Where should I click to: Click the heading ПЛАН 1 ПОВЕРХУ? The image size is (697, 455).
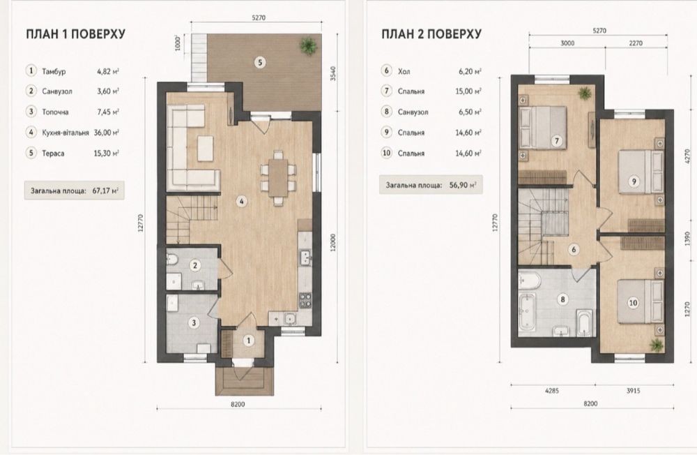pyautogui.click(x=75, y=34)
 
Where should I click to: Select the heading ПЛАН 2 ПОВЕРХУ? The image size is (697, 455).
pyautogui.click(x=431, y=34)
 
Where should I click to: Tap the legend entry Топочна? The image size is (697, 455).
pyautogui.click(x=56, y=112)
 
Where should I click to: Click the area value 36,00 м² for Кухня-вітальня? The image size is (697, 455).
pyautogui.click(x=106, y=132)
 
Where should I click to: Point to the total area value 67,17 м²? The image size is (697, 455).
pyautogui.click(x=105, y=191)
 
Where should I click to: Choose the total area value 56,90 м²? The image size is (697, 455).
pyautogui.click(x=462, y=185)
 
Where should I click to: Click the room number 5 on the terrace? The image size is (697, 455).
pyautogui.click(x=260, y=62)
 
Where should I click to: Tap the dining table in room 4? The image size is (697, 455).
pyautogui.click(x=278, y=177)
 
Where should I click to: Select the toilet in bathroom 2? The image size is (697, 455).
pyautogui.click(x=174, y=259)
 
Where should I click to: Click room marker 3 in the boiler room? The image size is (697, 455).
pyautogui.click(x=193, y=322)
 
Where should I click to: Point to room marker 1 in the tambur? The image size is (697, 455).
pyautogui.click(x=249, y=341)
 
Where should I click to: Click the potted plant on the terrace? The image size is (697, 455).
pyautogui.click(x=307, y=45)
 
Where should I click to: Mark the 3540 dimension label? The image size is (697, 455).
pyautogui.click(x=333, y=73)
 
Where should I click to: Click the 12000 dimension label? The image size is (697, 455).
pyautogui.click(x=333, y=243)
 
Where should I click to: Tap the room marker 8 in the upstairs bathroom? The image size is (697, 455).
pyautogui.click(x=562, y=299)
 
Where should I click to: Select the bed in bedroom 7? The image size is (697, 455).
pyautogui.click(x=543, y=126)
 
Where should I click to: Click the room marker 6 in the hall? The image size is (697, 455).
pyautogui.click(x=574, y=249)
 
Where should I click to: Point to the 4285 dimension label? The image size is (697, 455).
pyautogui.click(x=551, y=391)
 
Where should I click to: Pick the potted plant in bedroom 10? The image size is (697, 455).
pyautogui.click(x=656, y=344)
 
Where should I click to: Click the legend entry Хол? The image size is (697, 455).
pyautogui.click(x=404, y=70)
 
